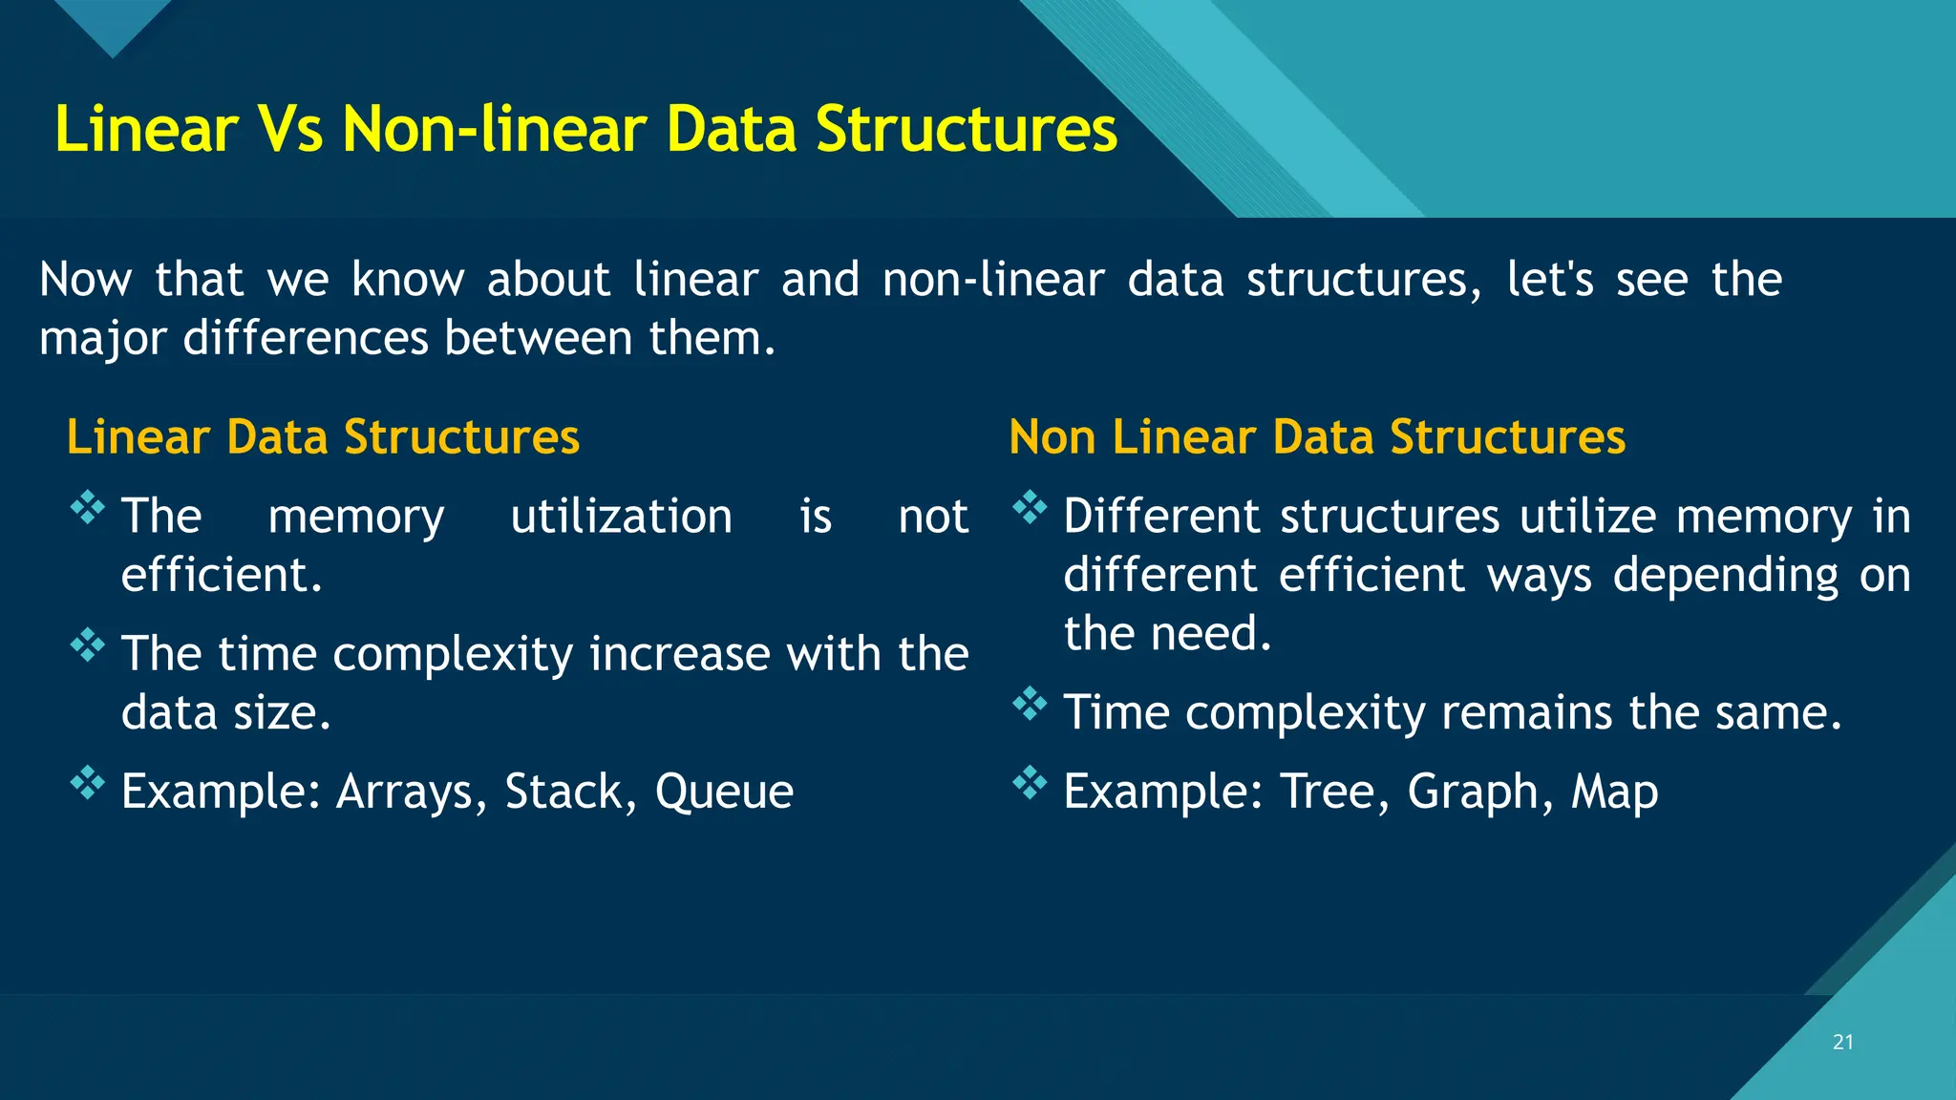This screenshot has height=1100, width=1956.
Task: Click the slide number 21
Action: click(x=1842, y=1042)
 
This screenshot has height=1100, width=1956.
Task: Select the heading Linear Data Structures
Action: click(x=323, y=437)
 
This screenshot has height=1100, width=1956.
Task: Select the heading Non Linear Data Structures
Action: click(x=1317, y=437)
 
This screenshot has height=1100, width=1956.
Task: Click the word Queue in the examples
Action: click(x=724, y=792)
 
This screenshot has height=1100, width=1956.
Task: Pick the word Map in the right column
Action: click(x=1615, y=792)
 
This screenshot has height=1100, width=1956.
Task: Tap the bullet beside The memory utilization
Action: click(x=87, y=507)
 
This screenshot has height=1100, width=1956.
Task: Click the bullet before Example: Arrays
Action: click(x=87, y=783)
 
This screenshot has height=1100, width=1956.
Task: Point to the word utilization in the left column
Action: click(x=621, y=517)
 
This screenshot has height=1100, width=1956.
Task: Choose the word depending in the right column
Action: click(x=1725, y=576)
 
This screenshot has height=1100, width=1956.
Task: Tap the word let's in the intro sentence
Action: click(x=1549, y=280)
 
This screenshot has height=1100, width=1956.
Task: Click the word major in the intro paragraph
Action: click(x=102, y=339)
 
